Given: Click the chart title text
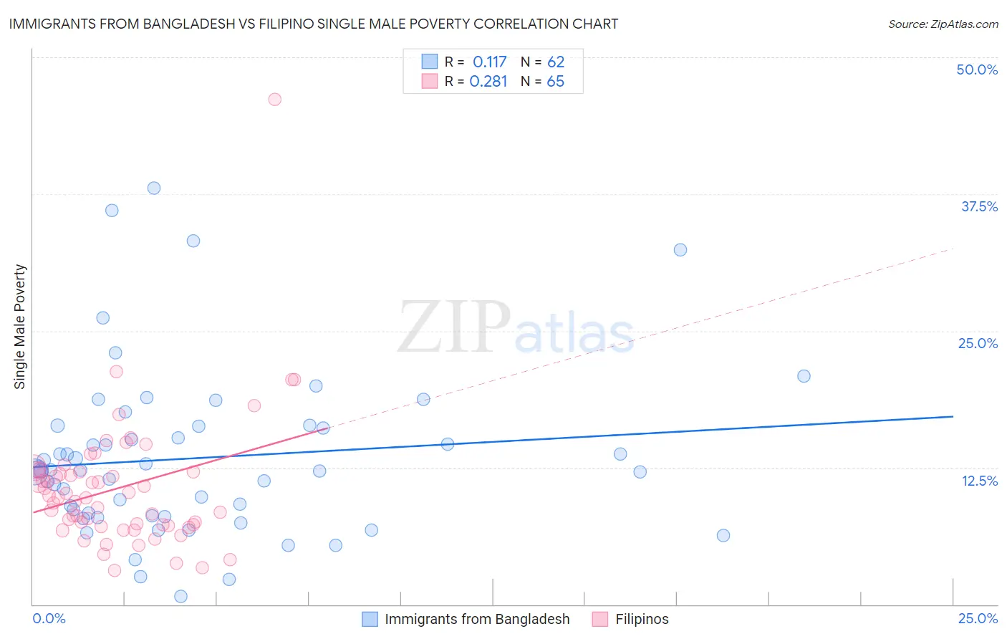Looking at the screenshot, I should [x=313, y=24].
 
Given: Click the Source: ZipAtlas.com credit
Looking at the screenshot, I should [x=943, y=24].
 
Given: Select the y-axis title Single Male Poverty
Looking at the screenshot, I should [x=20, y=327].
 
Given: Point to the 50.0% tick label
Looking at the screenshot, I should [x=977, y=69].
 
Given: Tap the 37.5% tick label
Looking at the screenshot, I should [x=979, y=206].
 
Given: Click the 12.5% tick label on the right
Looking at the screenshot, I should [x=979, y=481].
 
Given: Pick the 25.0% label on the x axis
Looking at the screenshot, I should [x=978, y=618].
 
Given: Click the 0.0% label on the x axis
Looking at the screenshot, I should [x=49, y=618].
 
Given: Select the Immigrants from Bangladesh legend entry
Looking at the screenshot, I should [x=466, y=619].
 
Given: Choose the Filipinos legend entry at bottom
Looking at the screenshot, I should [x=630, y=619].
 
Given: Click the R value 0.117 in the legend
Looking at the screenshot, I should [x=489, y=62].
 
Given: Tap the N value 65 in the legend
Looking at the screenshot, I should [x=555, y=82].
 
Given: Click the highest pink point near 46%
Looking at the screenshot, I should [x=274, y=100].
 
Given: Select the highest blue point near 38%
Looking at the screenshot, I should [x=154, y=188].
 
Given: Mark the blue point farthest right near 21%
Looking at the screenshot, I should [x=804, y=376].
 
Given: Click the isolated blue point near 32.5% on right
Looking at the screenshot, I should [x=680, y=250].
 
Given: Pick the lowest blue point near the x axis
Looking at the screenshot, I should [x=180, y=597].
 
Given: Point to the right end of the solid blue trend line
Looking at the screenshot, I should [x=953, y=416].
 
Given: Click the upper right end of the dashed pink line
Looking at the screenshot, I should [x=953, y=249].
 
